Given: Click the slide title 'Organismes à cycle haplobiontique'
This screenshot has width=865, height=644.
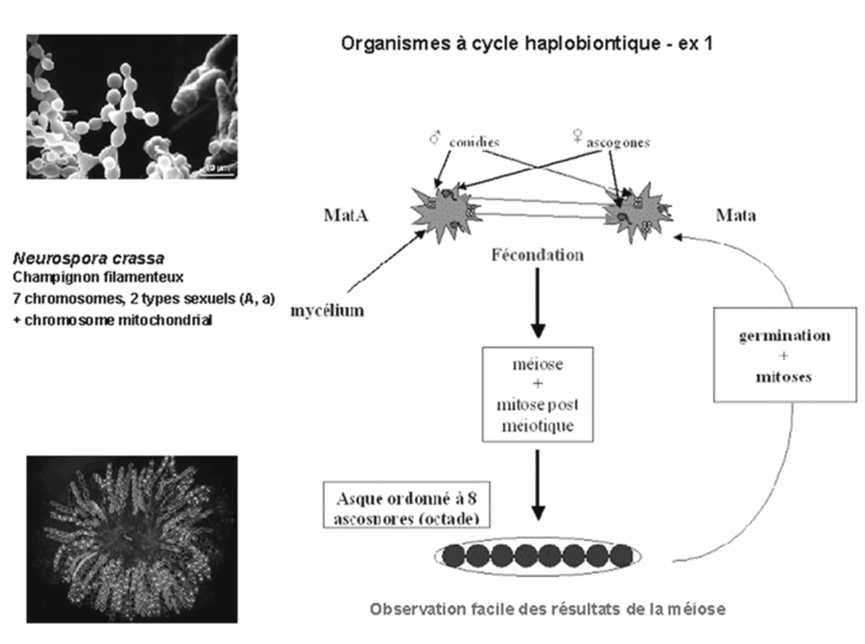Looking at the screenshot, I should tap(526, 44).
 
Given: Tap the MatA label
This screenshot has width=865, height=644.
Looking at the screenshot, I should tap(345, 215).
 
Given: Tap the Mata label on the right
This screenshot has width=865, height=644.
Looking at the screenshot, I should tap(736, 215).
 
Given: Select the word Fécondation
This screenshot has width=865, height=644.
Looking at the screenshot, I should tap(537, 255).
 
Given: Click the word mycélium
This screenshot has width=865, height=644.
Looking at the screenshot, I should tap(327, 310).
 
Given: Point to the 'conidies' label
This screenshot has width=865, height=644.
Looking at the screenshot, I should tap(474, 142).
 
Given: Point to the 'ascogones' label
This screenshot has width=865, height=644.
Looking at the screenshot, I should tap(617, 143).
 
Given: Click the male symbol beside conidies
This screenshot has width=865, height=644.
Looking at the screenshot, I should tap(435, 139).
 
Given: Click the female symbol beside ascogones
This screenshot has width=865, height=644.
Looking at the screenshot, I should tap(577, 137).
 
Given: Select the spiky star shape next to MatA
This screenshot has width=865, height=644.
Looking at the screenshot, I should tap(443, 212).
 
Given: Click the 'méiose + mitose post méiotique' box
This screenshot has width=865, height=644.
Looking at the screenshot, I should tap(537, 394).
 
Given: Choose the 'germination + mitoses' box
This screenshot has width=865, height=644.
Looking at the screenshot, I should tap(784, 355).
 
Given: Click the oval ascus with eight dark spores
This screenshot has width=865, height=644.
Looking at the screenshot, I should tap(538, 555).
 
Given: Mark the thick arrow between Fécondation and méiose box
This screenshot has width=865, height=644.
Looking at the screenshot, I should tap(538, 302).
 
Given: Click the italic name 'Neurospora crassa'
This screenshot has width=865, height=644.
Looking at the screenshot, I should tap(88, 258).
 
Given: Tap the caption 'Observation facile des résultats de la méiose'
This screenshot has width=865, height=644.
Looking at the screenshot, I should tap(547, 609).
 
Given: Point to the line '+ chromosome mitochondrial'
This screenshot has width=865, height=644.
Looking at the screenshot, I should tap(112, 320).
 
